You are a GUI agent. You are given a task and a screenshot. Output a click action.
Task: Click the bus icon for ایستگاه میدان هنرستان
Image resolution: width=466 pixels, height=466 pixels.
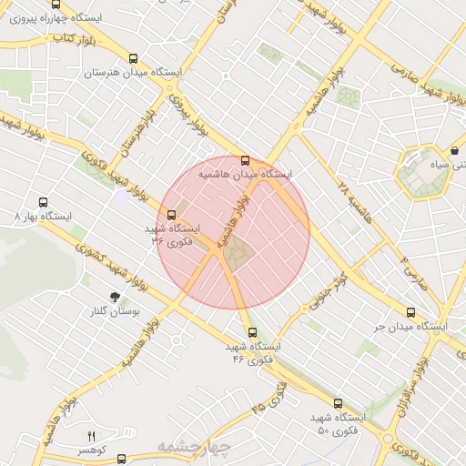(x=135, y=57)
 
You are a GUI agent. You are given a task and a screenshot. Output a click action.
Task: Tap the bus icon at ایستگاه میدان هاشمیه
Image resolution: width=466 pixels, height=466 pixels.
(x=245, y=160)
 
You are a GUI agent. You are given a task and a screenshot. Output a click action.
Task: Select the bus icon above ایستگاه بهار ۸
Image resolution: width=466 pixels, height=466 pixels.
(x=43, y=203)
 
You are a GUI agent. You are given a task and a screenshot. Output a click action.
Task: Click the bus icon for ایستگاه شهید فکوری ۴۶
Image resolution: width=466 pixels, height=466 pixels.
(x=252, y=332)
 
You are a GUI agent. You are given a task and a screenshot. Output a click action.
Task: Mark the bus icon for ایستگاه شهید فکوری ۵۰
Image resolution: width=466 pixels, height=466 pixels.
(x=338, y=402)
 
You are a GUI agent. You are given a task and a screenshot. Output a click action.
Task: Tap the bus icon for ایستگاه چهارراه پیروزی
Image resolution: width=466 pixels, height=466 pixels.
(x=56, y=5)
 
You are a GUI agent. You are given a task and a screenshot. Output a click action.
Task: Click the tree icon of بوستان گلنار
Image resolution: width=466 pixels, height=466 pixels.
(x=115, y=297)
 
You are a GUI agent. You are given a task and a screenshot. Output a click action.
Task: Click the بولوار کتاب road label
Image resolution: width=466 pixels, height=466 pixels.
(x=74, y=39)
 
